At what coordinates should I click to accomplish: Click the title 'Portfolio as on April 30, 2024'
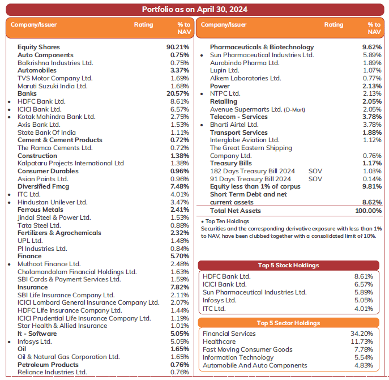pyautogui.click(x=194, y=10)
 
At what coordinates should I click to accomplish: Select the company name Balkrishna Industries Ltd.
pyautogui.click(x=55, y=63)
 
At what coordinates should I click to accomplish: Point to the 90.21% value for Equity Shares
pyautogui.click(x=178, y=47)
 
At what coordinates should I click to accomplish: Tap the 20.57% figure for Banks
pyautogui.click(x=178, y=93)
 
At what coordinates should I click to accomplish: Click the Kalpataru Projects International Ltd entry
pyautogui.click(x=70, y=163)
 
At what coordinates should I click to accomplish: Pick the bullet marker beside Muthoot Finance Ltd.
pyautogui.click(x=10, y=264)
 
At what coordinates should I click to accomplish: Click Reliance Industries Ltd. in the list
pyautogui.click(x=52, y=372)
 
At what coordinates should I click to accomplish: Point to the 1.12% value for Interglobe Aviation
pyautogui.click(x=373, y=140)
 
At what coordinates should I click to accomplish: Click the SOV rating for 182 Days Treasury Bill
pyautogui.click(x=315, y=171)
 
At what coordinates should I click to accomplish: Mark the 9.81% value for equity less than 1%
pyautogui.click(x=372, y=186)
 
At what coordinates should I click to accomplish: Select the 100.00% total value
pyautogui.click(x=368, y=211)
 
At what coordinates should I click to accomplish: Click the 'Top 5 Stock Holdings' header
pyautogui.click(x=288, y=265)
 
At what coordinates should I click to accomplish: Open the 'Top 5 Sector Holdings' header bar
pyautogui.click(x=288, y=323)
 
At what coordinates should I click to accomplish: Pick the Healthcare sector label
pyautogui.click(x=220, y=341)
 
